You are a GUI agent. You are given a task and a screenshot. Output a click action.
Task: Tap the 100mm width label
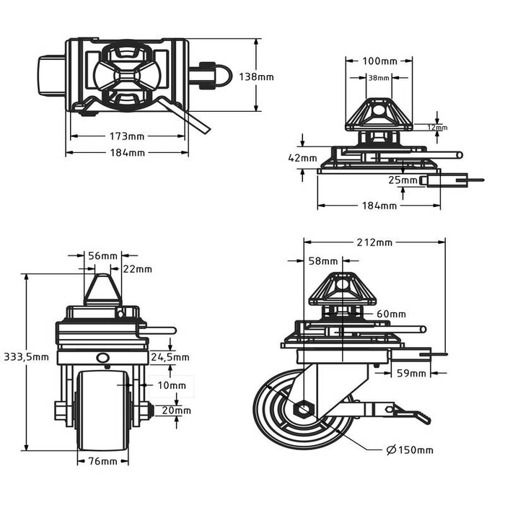(x=379, y=60)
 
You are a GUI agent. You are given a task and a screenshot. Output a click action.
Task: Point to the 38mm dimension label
(x=379, y=78)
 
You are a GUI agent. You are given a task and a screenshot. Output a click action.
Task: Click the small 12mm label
(x=437, y=128)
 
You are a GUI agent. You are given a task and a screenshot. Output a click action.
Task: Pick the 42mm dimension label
(x=302, y=157)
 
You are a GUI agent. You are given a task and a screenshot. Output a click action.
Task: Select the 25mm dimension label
(x=403, y=180)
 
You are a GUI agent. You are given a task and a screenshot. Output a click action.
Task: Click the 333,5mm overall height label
(x=26, y=356)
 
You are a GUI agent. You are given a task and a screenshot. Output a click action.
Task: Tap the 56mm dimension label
(x=102, y=256)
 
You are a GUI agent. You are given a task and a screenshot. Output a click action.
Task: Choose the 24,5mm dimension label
(x=171, y=356)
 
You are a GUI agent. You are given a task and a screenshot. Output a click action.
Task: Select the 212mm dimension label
(x=374, y=242)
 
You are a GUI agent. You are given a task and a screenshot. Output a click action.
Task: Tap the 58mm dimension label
(x=322, y=260)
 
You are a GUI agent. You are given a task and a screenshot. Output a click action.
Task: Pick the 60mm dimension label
(x=391, y=314)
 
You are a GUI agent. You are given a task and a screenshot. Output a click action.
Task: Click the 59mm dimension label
(x=410, y=373)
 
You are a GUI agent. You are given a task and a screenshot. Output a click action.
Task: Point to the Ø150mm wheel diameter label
(x=410, y=450)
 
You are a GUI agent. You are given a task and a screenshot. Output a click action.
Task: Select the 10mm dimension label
(x=171, y=385)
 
